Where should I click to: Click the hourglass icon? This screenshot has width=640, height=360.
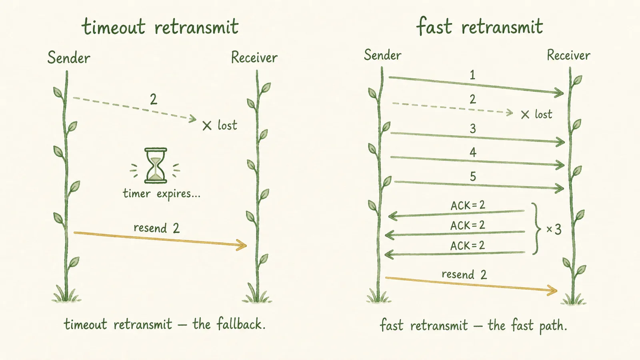(x=156, y=166)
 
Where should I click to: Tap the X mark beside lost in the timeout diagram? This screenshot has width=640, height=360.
(x=207, y=126)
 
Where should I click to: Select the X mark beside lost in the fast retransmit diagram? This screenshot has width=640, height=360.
(x=525, y=115)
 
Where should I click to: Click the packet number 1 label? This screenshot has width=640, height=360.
(x=472, y=75)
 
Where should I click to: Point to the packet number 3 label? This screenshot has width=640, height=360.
(x=473, y=128)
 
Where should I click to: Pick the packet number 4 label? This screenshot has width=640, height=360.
(x=473, y=152)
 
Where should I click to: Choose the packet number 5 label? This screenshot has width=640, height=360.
(x=473, y=176)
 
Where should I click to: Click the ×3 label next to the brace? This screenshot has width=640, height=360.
(x=554, y=229)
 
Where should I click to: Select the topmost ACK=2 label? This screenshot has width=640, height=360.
(x=468, y=205)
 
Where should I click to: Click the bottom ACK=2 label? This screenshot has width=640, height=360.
(x=468, y=246)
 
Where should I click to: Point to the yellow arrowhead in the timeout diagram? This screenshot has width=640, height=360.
(x=242, y=245)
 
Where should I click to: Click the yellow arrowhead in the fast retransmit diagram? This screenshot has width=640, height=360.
(x=552, y=290)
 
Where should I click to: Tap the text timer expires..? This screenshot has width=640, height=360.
(x=162, y=194)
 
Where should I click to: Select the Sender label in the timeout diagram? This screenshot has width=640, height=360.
(x=68, y=58)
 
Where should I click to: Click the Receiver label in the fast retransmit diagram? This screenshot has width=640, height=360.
(x=568, y=55)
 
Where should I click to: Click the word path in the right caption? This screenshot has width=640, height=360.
(x=553, y=326)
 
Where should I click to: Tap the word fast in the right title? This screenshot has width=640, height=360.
(x=434, y=26)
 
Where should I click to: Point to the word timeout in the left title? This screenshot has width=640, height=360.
(x=114, y=26)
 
